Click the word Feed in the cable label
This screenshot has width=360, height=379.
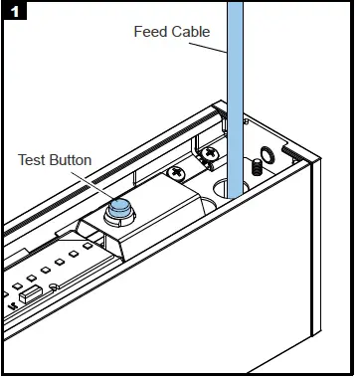click(x=148, y=32)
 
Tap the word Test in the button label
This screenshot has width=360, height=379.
click(x=34, y=159)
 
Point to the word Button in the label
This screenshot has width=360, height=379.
click(x=73, y=159)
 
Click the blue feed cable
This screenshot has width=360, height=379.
click(x=237, y=80)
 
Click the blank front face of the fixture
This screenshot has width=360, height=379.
click(x=229, y=298)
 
